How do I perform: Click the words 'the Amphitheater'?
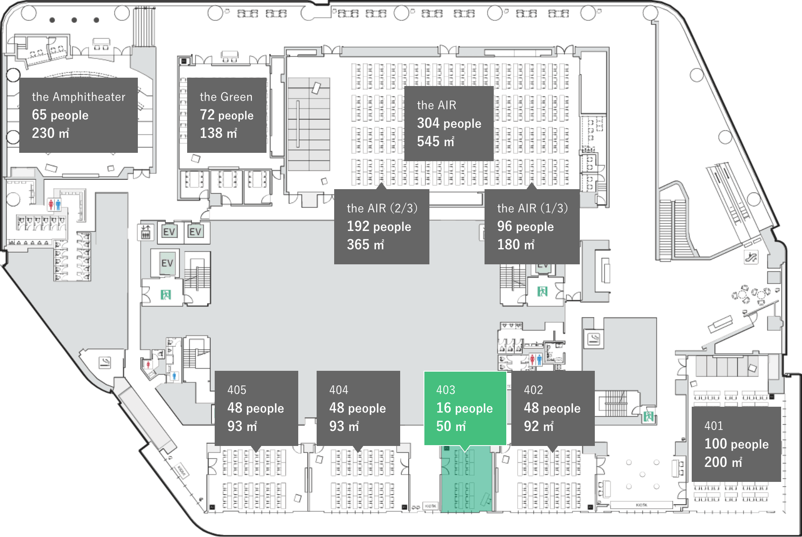click(x=79, y=97)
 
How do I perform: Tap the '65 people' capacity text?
click(x=60, y=115)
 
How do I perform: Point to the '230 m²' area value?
click(x=51, y=133)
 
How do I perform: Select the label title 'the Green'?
click(x=226, y=97)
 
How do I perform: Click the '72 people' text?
click(x=226, y=115)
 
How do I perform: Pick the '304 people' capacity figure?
click(x=449, y=123)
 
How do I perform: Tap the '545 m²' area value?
click(x=435, y=142)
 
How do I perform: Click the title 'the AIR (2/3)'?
click(x=382, y=208)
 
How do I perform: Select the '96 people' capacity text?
click(x=525, y=226)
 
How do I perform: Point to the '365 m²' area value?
click(x=365, y=245)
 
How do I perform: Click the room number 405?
click(x=237, y=390)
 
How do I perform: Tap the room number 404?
click(x=339, y=390)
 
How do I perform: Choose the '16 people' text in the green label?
click(x=464, y=408)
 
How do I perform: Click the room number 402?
click(x=533, y=390)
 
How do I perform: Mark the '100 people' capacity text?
click(x=736, y=444)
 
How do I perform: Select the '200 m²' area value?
click(x=723, y=462)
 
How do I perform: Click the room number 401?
click(x=713, y=426)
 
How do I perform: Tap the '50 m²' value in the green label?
click(x=451, y=426)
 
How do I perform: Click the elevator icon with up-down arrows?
click(x=145, y=232)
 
